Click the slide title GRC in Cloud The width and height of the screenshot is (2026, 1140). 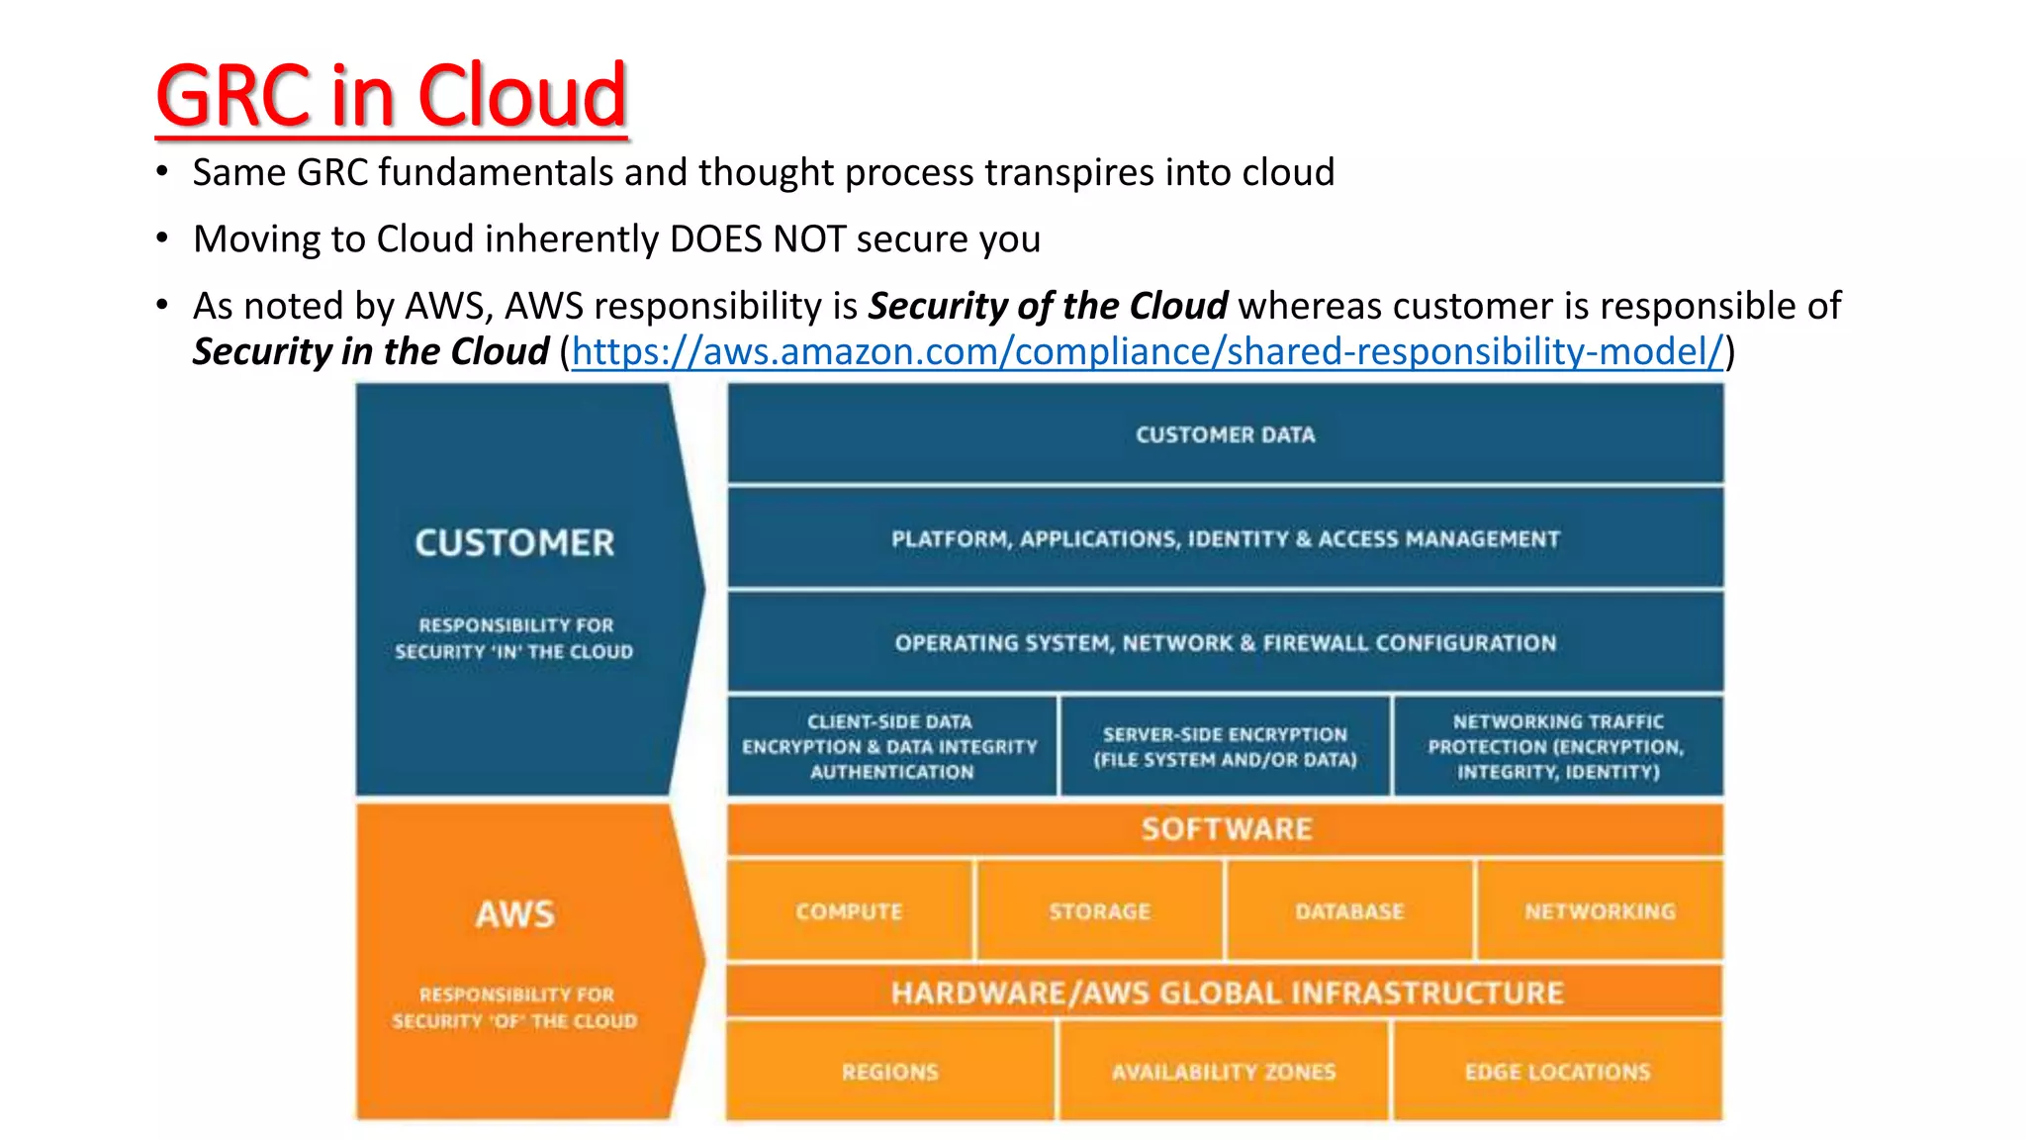(x=391, y=96)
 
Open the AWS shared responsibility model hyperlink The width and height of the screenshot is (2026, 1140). (x=1148, y=351)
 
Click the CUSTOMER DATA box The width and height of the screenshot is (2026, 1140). (x=1225, y=434)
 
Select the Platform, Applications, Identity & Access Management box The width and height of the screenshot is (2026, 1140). (x=1225, y=538)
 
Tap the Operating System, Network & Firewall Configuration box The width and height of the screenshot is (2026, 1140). (x=1225, y=642)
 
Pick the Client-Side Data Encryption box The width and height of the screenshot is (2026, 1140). (x=890, y=746)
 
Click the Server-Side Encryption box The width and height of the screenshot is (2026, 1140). (x=1225, y=746)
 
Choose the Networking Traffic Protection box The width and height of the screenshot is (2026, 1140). (x=1557, y=746)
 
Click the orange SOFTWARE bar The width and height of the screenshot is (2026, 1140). (x=1225, y=829)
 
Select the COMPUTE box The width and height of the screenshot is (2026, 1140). (x=849, y=910)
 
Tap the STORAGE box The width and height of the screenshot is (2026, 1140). (x=1099, y=910)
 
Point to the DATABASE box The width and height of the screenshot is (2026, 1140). (x=1349, y=910)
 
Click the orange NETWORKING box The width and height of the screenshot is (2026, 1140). (x=1600, y=910)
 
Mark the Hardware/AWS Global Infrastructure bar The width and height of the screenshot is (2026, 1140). (x=1225, y=993)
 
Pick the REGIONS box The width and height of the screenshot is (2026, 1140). (x=889, y=1072)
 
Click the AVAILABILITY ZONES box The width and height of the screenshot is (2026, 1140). (x=1224, y=1072)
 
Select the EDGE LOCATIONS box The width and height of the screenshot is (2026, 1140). (x=1557, y=1072)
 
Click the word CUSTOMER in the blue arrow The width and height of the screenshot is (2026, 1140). (x=514, y=542)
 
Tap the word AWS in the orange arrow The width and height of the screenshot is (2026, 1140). (x=514, y=913)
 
